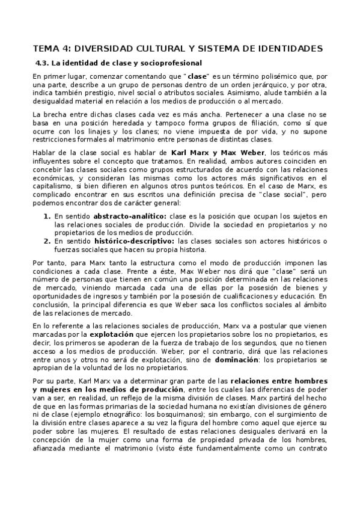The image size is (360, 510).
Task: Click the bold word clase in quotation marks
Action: point(197,78)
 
